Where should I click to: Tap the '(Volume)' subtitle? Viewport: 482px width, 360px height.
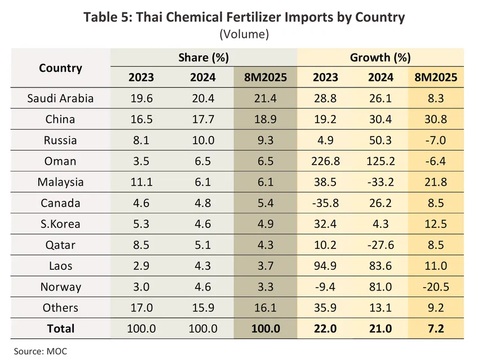(244, 35)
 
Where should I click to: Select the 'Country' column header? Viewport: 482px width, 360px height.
(60, 68)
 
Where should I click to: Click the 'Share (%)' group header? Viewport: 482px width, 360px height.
(203, 58)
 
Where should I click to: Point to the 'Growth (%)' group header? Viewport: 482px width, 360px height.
(380, 58)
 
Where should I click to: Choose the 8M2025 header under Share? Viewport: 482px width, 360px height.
(265, 77)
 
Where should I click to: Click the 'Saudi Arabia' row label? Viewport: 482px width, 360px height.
(60, 99)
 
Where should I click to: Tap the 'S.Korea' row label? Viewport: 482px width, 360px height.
(60, 224)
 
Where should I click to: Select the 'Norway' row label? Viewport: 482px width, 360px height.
(60, 287)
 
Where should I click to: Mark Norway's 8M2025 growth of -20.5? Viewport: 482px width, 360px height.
(435, 287)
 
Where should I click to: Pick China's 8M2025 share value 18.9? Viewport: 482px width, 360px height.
(265, 120)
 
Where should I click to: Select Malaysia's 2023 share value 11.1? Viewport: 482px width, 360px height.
(141, 182)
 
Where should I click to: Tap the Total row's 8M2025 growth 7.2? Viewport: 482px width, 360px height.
(435, 328)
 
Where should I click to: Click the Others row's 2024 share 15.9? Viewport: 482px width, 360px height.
(203, 308)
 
